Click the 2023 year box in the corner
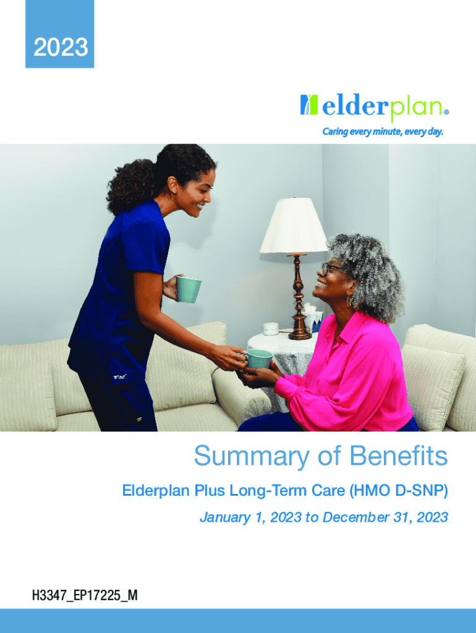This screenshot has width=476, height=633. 60,34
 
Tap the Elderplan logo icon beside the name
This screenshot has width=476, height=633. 309,105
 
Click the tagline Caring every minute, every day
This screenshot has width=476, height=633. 382,132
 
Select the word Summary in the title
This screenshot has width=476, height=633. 251,457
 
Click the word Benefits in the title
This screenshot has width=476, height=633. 399,456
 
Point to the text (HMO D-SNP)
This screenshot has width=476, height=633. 399,490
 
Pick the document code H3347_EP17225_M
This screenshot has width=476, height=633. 85,595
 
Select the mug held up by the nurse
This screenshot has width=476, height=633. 189,289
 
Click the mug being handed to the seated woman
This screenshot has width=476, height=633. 258,359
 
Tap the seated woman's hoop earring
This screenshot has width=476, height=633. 349,301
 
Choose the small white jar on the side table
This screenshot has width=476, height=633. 271,329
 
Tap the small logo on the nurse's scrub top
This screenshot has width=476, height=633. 120,376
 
